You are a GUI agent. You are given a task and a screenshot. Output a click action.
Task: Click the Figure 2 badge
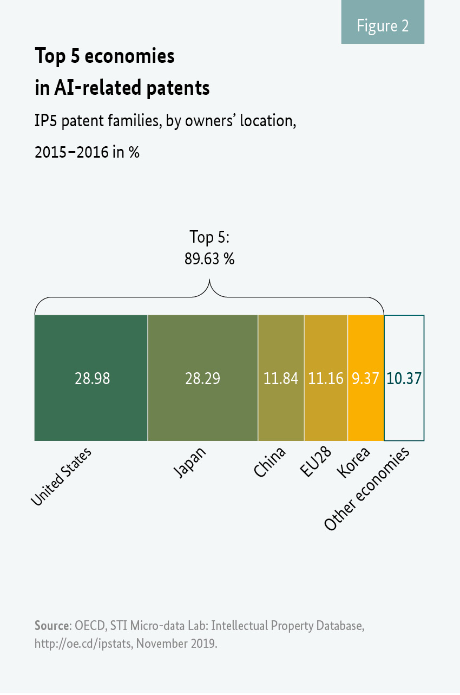[383, 25]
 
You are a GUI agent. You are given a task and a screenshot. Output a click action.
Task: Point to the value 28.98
[92, 379]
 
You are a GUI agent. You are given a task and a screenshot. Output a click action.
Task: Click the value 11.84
[281, 379]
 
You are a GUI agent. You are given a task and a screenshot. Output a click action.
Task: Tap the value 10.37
[404, 379]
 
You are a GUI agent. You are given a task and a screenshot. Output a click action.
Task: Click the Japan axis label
[190, 463]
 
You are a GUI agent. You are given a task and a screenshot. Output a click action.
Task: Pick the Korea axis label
[353, 463]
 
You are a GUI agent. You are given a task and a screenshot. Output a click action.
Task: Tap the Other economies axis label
[367, 490]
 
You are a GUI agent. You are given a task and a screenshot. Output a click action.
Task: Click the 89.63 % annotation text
[209, 259]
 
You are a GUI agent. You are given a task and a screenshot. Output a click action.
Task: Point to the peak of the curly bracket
[209, 281]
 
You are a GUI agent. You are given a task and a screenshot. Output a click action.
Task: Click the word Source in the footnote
[52, 626]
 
